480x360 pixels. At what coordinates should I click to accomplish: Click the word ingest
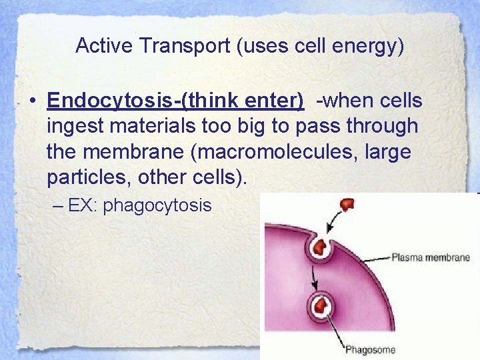coord(69,126)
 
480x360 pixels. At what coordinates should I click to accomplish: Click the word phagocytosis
coord(157,205)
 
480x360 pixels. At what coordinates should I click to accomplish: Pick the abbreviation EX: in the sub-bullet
coord(84,205)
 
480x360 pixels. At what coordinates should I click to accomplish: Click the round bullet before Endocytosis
coord(32,101)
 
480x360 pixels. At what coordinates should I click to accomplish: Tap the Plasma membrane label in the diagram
coord(430,258)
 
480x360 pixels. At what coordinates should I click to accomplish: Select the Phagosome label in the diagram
coord(370,349)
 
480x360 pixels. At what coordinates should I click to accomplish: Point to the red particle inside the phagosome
coord(321,307)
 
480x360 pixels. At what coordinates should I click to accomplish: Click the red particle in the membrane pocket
coord(322,247)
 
